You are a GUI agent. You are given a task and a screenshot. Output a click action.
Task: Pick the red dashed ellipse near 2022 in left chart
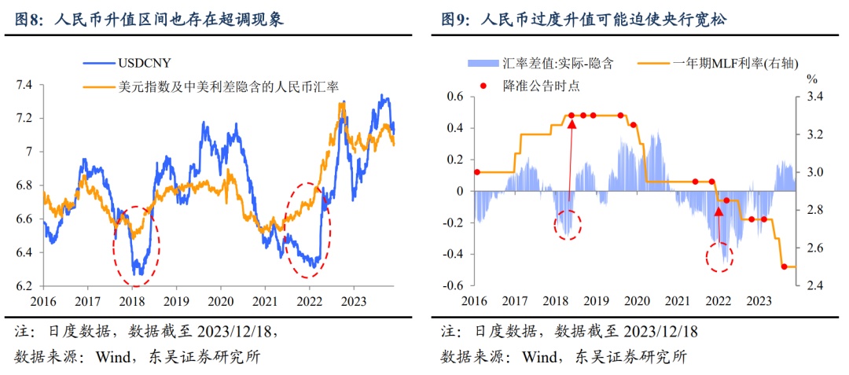(x=308, y=230)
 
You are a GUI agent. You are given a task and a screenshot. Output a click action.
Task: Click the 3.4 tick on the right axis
(x=814, y=97)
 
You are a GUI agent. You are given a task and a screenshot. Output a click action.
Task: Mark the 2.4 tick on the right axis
(x=814, y=286)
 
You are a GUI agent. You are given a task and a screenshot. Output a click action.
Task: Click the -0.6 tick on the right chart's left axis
(x=453, y=286)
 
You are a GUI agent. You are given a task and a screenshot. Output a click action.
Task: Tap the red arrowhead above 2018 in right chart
(x=572, y=123)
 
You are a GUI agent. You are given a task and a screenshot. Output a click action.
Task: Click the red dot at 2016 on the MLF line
(x=476, y=172)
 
